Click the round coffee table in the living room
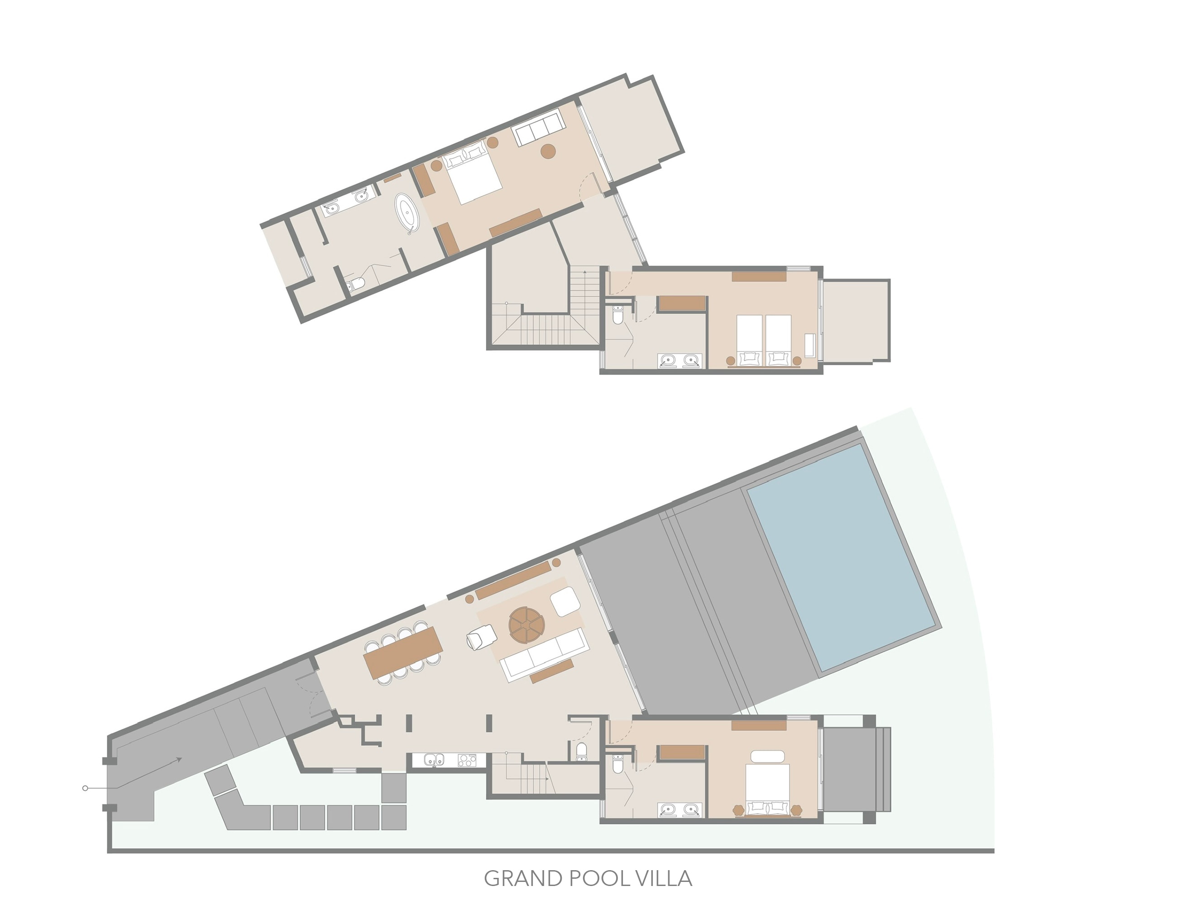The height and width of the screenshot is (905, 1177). (x=527, y=625)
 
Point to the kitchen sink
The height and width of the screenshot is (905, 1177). (x=433, y=760)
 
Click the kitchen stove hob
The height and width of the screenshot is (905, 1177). (x=467, y=760)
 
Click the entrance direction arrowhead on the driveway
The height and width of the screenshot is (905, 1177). (x=178, y=760)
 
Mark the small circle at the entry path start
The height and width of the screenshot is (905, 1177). (x=85, y=789)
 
